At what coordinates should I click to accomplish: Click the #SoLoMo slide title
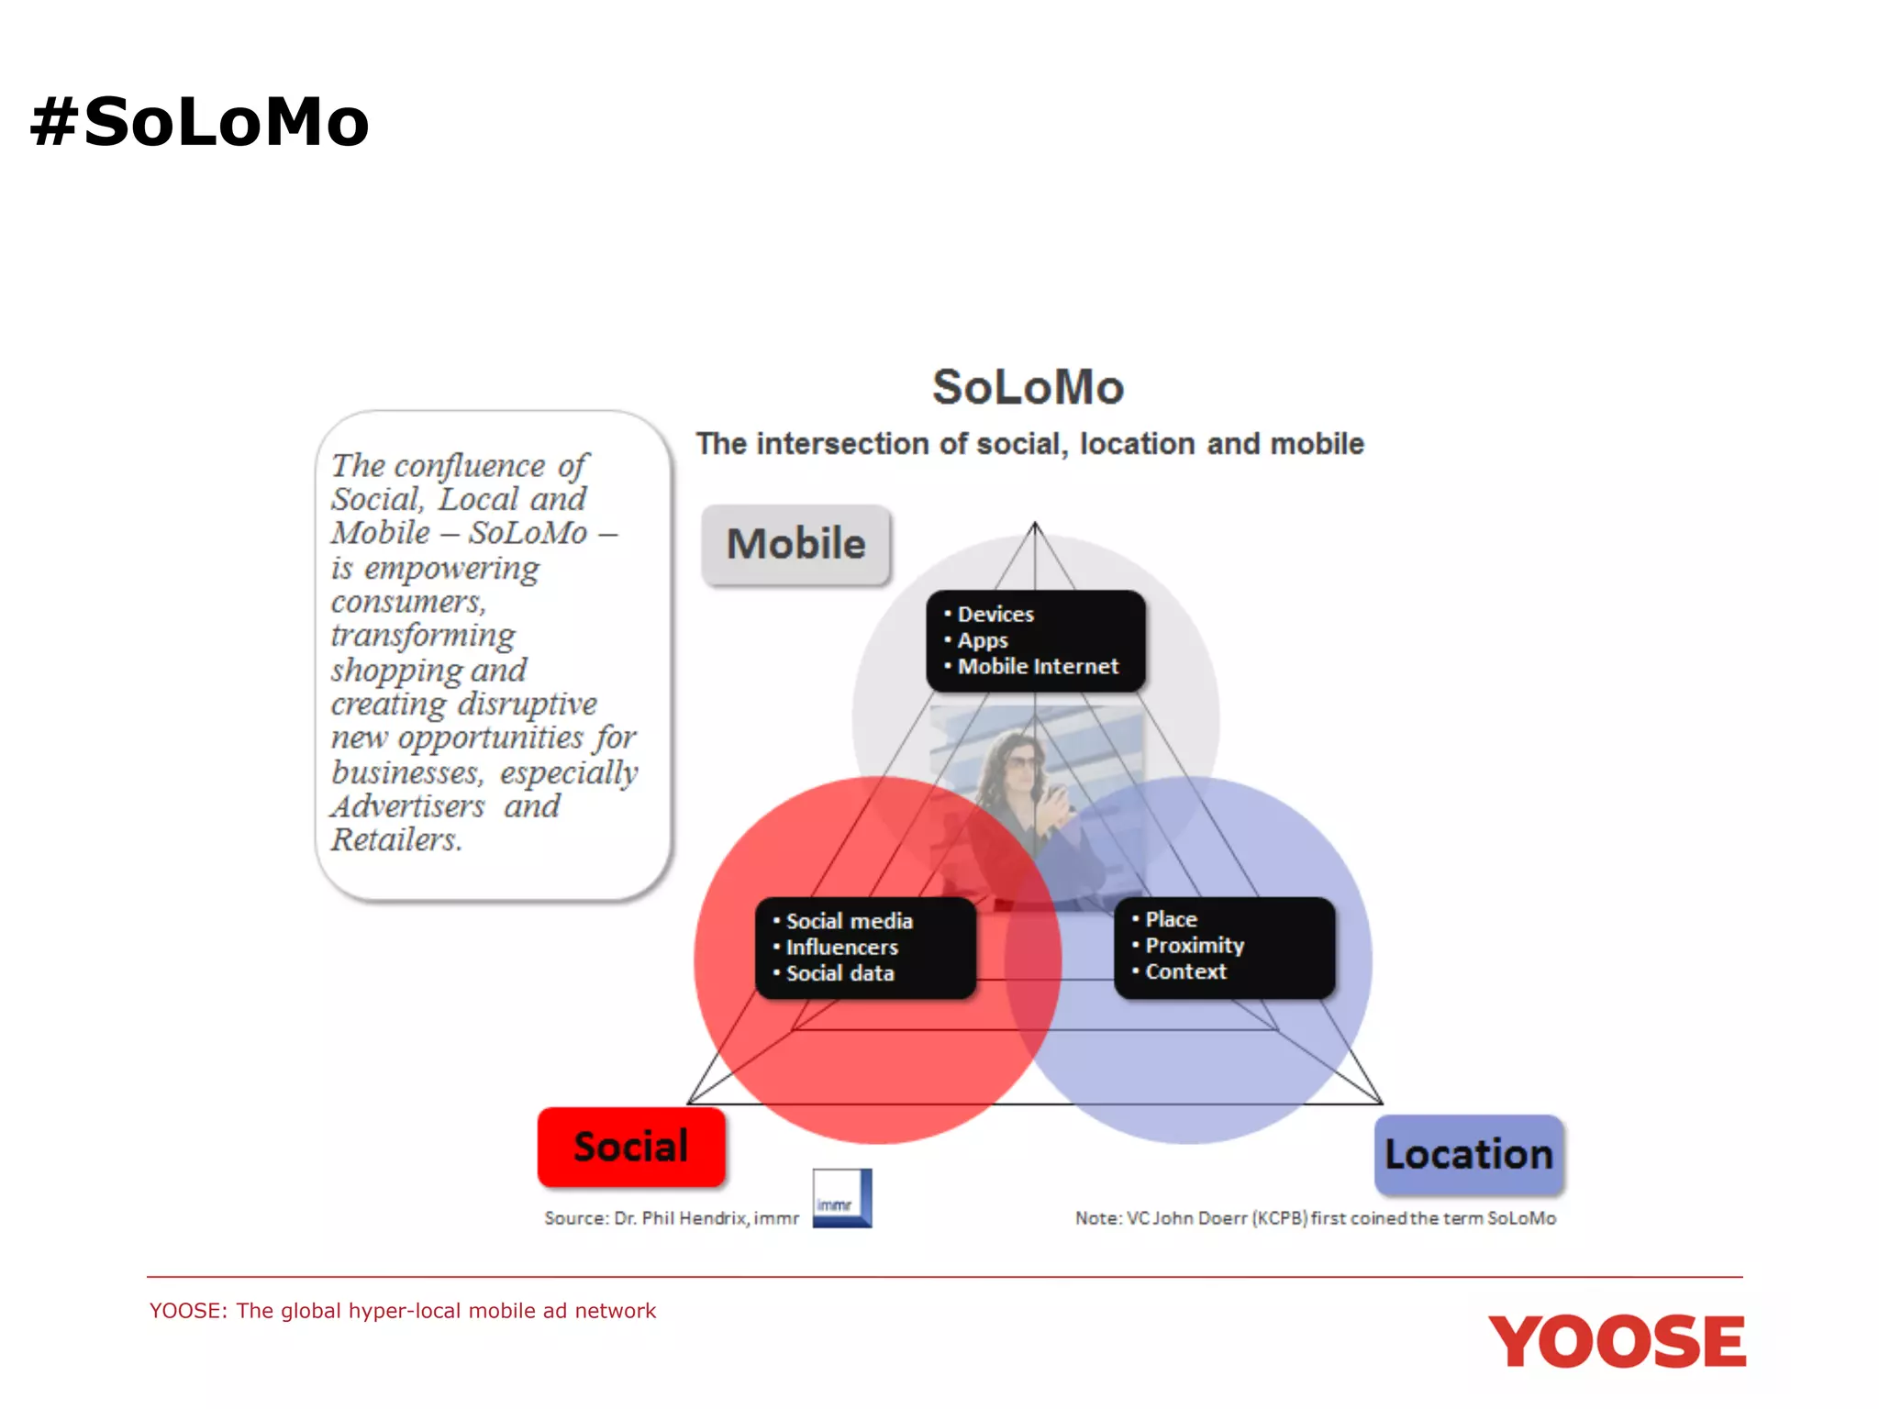[199, 122]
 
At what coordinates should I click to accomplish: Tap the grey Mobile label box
[795, 544]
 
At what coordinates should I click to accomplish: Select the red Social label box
[631, 1147]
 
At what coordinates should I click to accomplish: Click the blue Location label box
[1468, 1154]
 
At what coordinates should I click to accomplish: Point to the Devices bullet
[995, 614]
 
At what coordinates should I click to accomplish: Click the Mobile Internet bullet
[1037, 666]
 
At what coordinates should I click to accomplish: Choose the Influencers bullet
[841, 947]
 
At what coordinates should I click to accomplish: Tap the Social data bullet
[839, 973]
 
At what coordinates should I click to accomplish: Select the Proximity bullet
[1194, 945]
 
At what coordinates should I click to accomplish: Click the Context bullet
[1184, 971]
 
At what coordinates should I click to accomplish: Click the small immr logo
[841, 1198]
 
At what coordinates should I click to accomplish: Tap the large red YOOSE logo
[1617, 1341]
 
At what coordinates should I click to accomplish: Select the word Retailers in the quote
[395, 839]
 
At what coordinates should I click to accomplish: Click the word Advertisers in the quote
[408, 806]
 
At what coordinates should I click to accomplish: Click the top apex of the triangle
[1035, 524]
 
